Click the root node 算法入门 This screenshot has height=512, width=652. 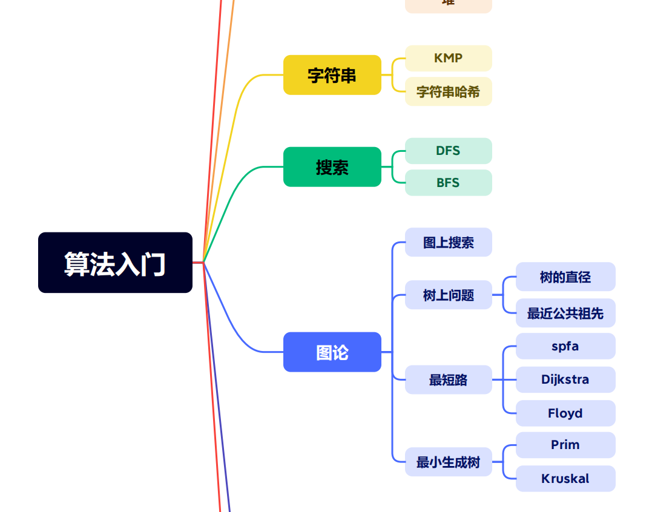(115, 263)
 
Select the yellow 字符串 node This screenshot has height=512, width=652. (332, 75)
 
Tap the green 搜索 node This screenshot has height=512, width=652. (332, 167)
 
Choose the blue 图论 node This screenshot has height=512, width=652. (332, 352)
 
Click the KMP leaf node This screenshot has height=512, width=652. (448, 58)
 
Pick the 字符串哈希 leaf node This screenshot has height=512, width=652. (448, 91)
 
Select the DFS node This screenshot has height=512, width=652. (448, 151)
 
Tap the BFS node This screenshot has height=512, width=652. (448, 183)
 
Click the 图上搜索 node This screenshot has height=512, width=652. (448, 242)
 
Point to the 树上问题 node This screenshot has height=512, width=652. (448, 295)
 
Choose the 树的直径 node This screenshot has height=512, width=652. (565, 277)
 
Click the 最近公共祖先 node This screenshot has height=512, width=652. (565, 313)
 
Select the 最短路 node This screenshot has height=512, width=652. (448, 379)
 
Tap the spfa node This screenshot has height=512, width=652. (565, 346)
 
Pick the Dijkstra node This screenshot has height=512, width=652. (565, 379)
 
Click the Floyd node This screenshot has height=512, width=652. (565, 413)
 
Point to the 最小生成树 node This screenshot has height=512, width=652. (448, 462)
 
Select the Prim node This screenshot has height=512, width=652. (565, 445)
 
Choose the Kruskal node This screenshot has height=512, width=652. (565, 479)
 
